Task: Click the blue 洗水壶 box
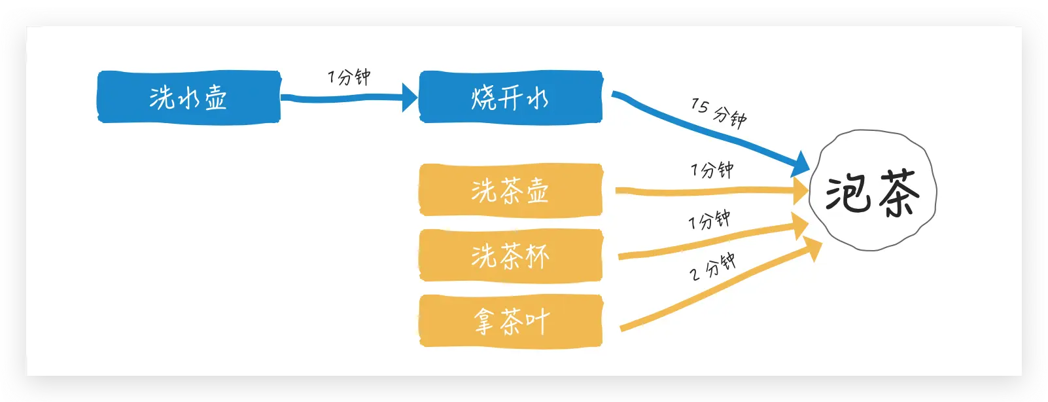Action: pyautogui.click(x=189, y=97)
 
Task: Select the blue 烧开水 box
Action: pyautogui.click(x=510, y=97)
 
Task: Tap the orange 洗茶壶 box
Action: pyautogui.click(x=510, y=190)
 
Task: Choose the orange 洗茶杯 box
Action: pyautogui.click(x=510, y=255)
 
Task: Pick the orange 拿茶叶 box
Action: pyautogui.click(x=510, y=321)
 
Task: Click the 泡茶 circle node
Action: pyautogui.click(x=873, y=191)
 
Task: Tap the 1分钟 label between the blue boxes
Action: pyautogui.click(x=349, y=77)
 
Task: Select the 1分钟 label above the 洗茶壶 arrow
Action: pyautogui.click(x=712, y=170)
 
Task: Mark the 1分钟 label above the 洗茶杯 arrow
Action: pyautogui.click(x=709, y=220)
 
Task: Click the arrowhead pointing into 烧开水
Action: pyautogui.click(x=410, y=98)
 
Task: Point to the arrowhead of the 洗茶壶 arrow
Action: pyautogui.click(x=801, y=191)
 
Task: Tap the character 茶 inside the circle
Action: pyautogui.click(x=899, y=193)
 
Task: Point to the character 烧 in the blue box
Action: pyautogui.click(x=484, y=98)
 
